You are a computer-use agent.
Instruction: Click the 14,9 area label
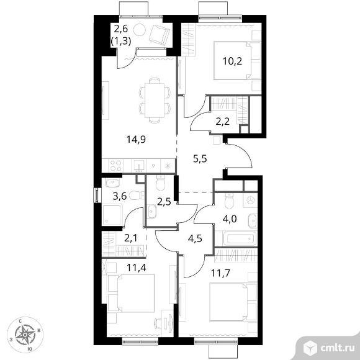click(136, 140)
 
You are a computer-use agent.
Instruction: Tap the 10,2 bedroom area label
click(233, 61)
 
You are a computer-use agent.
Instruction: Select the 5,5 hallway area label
click(200, 158)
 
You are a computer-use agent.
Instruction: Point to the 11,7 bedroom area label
click(220, 273)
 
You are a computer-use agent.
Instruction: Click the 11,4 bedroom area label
click(137, 268)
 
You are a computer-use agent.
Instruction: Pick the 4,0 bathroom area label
click(230, 219)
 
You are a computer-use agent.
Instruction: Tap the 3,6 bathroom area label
click(120, 196)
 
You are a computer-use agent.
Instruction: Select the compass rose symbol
click(25, 335)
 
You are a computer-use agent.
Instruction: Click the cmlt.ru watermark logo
click(329, 348)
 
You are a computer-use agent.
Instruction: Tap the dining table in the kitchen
click(155, 101)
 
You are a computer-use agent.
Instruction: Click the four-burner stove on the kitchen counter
click(115, 166)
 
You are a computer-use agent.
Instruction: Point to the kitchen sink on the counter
click(139, 166)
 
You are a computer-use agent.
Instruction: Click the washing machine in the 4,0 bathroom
click(250, 200)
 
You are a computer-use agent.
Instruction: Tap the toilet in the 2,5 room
click(161, 182)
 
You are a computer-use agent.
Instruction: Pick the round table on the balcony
click(140, 30)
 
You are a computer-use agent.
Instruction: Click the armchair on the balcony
click(160, 35)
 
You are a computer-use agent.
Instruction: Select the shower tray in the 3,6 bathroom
click(112, 215)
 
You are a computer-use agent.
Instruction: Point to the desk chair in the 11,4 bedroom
click(159, 322)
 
